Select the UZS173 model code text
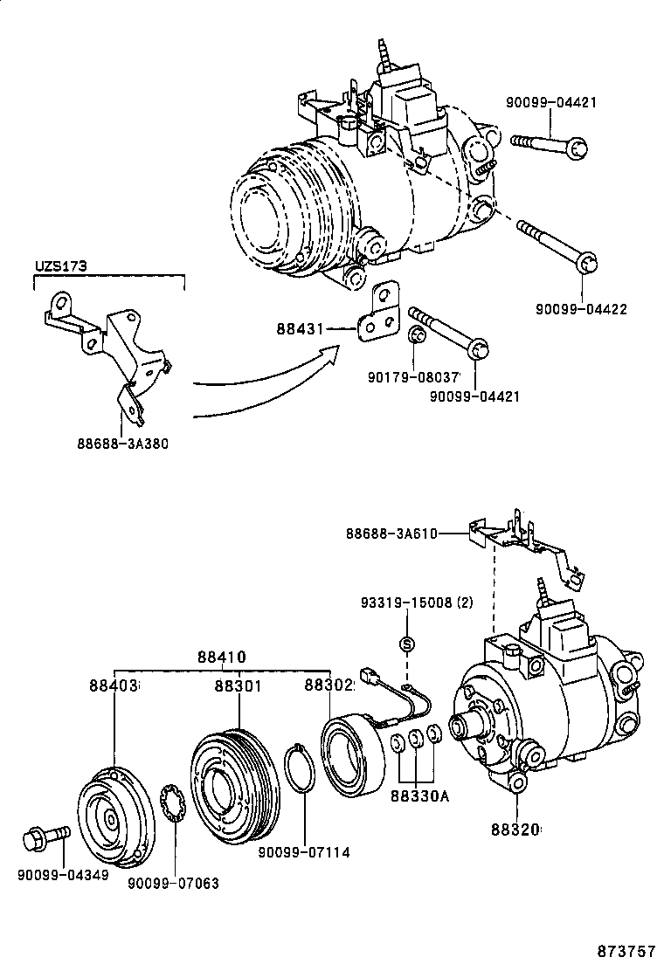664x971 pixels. coord(60,267)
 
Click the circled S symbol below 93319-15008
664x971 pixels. coord(406,644)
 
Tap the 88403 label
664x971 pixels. coord(114,686)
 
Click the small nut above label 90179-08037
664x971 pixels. coord(418,337)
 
